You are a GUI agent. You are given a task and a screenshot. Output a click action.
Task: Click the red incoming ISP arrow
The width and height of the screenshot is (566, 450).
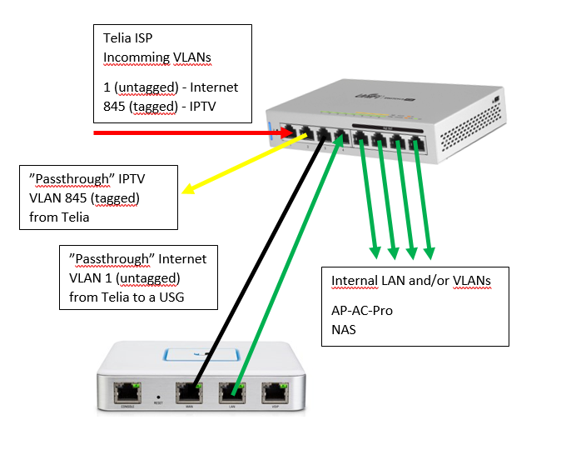(183, 132)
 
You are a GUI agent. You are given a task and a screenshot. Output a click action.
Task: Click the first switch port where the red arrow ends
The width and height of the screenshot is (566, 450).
(288, 132)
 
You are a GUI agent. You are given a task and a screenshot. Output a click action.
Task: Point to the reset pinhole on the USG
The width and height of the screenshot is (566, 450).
(158, 386)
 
